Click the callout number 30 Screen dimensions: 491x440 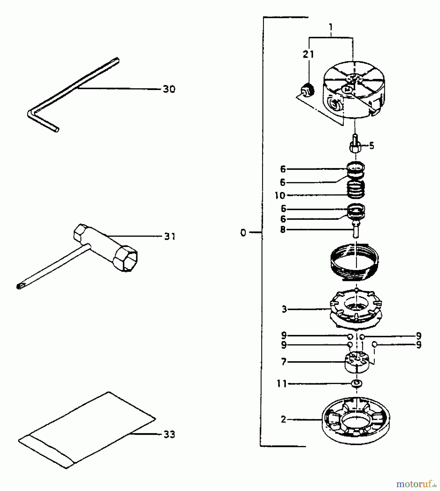(169, 89)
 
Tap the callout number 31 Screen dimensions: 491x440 (170, 236)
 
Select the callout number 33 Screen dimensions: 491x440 (169, 435)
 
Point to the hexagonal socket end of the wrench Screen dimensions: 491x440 (125, 258)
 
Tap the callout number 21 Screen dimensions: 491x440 (308, 54)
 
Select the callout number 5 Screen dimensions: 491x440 (372, 146)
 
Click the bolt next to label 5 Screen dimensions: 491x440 (355, 145)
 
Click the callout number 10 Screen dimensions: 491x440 (280, 196)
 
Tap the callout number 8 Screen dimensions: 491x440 (283, 230)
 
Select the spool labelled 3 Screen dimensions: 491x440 (356, 310)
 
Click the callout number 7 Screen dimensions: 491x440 (284, 362)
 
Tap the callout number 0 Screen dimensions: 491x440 (243, 233)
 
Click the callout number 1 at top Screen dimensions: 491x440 (331, 27)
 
